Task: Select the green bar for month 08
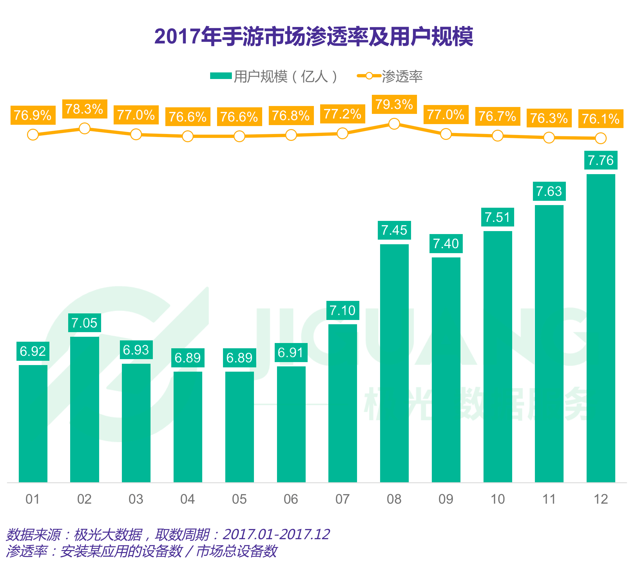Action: point(394,362)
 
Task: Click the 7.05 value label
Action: point(84,323)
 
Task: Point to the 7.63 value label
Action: point(549,191)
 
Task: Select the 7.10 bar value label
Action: point(343,310)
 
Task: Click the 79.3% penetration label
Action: point(394,104)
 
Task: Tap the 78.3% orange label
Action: point(85,109)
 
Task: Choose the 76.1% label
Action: point(601,119)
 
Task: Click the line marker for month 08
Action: point(394,124)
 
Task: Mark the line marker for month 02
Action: point(85,128)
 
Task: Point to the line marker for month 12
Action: point(601,138)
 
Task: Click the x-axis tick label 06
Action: point(291,499)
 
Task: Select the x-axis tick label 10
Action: point(497,499)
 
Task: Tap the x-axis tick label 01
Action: point(33,499)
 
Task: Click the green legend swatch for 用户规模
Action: point(221,76)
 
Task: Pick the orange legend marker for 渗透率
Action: point(369,76)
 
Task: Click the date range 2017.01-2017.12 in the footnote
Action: point(276,534)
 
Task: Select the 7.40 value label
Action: point(446,244)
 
